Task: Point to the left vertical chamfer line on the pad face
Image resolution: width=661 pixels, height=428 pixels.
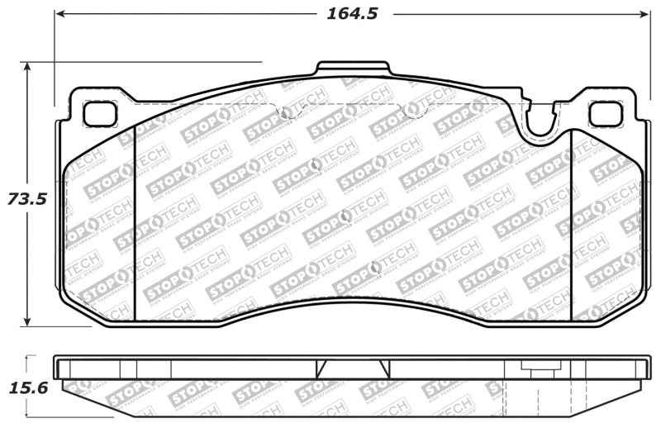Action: pos(134,223)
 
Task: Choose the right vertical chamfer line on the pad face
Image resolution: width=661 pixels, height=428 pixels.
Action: pos(572,223)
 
